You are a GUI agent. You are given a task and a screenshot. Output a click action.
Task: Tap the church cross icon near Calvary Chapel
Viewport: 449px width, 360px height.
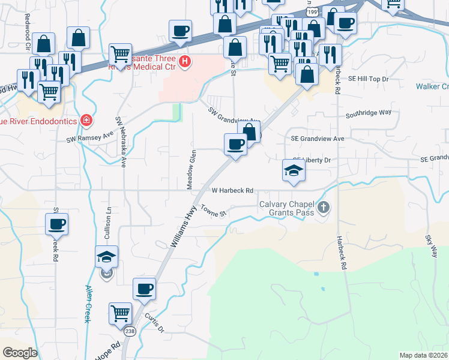tap(324, 208)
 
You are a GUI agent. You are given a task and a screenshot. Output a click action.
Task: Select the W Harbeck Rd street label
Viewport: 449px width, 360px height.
tap(233, 190)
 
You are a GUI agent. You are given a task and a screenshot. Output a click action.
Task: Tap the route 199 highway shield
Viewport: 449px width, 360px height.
tap(310, 11)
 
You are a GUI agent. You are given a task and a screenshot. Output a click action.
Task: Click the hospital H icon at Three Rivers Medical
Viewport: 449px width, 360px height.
tap(185, 61)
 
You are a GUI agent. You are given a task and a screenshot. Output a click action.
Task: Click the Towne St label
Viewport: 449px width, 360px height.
tap(213, 210)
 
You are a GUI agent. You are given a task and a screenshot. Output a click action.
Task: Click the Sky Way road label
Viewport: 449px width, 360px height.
tap(431, 246)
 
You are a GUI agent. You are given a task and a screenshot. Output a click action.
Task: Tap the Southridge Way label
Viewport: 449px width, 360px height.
tap(369, 112)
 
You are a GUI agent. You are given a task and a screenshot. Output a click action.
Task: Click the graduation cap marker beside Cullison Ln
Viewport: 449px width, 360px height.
tap(107, 256)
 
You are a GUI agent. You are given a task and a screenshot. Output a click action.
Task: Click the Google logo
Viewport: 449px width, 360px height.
tap(20, 353)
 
